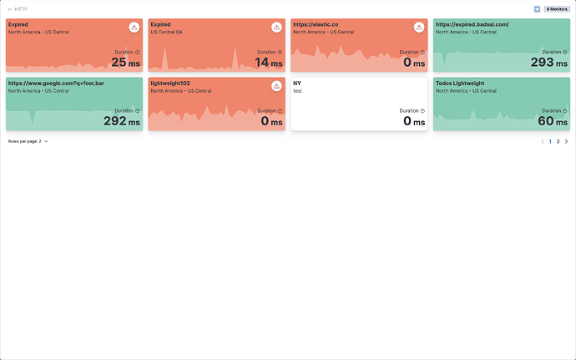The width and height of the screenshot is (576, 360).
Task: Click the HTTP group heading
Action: coord(21,8)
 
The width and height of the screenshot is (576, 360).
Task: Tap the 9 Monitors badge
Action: coord(557,9)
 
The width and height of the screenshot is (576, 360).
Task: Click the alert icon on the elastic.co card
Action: coord(419,28)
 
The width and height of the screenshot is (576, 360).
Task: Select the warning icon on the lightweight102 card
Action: coord(276,86)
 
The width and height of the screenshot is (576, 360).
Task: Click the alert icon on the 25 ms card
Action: coord(134,28)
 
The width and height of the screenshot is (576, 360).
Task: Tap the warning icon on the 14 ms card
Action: coord(276,28)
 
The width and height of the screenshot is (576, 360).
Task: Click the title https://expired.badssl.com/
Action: coord(472,24)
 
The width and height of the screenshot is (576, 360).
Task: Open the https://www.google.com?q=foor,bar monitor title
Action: coord(56,84)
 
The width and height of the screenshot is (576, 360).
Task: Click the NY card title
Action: coord(297,84)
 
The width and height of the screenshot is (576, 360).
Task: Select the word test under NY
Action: coord(297,90)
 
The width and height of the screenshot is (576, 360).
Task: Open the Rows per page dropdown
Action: coord(28,141)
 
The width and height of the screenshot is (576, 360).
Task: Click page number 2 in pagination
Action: coord(558,142)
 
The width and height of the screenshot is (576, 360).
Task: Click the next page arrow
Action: coord(566,142)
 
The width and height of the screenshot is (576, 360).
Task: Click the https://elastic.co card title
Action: coord(316,24)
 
